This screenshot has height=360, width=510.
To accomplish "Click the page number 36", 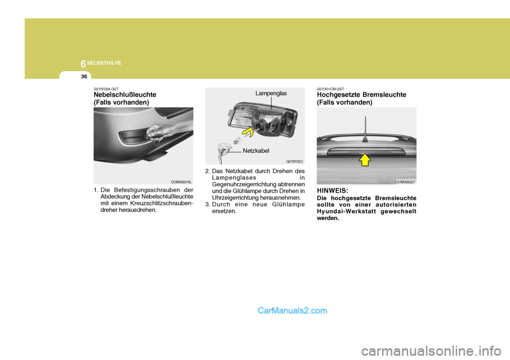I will pyautogui.click(x=84, y=76).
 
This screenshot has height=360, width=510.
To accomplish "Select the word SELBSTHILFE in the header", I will pyautogui.click(x=105, y=63).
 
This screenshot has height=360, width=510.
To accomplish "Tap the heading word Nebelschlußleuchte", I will pyautogui.click(x=125, y=95).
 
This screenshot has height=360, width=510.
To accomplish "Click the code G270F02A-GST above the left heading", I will pyautogui.click(x=107, y=89).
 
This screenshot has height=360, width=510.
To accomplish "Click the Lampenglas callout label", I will pyautogui.click(x=271, y=93).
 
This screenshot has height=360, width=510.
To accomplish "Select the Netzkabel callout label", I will pyautogui.click(x=257, y=151).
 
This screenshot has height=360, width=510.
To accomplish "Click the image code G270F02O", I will pyautogui.click(x=294, y=161).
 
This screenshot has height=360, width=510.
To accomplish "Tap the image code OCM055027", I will pyautogui.click(x=405, y=182).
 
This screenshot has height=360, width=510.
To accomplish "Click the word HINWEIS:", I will pyautogui.click(x=333, y=190).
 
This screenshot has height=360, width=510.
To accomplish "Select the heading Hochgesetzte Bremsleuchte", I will pyautogui.click(x=361, y=95).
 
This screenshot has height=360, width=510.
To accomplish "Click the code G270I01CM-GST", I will pyautogui.click(x=330, y=89).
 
